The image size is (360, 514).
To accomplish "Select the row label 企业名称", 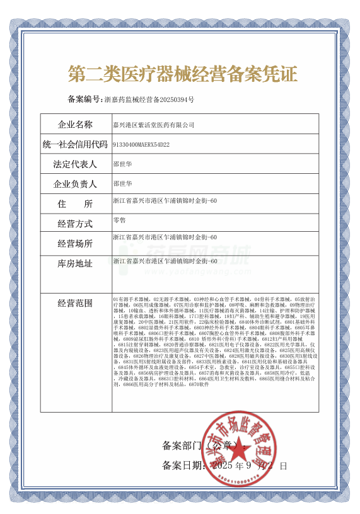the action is [75, 124].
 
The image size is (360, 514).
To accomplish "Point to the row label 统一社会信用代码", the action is [75, 144].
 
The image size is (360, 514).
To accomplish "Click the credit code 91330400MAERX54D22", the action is [141, 144].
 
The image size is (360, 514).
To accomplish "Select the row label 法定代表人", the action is [75, 164].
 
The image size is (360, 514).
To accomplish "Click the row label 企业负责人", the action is [75, 185].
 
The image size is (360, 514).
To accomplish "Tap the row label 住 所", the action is [75, 204].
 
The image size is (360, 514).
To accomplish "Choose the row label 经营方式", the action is [75, 224].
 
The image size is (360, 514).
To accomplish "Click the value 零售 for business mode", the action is [119, 220].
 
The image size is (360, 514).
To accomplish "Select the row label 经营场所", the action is [75, 243].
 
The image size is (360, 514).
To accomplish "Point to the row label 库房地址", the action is [75, 263].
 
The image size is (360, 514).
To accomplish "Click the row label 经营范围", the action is [75, 303].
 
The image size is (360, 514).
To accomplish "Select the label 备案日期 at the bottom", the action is [182, 465].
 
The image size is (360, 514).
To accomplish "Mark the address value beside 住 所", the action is [165, 200].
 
